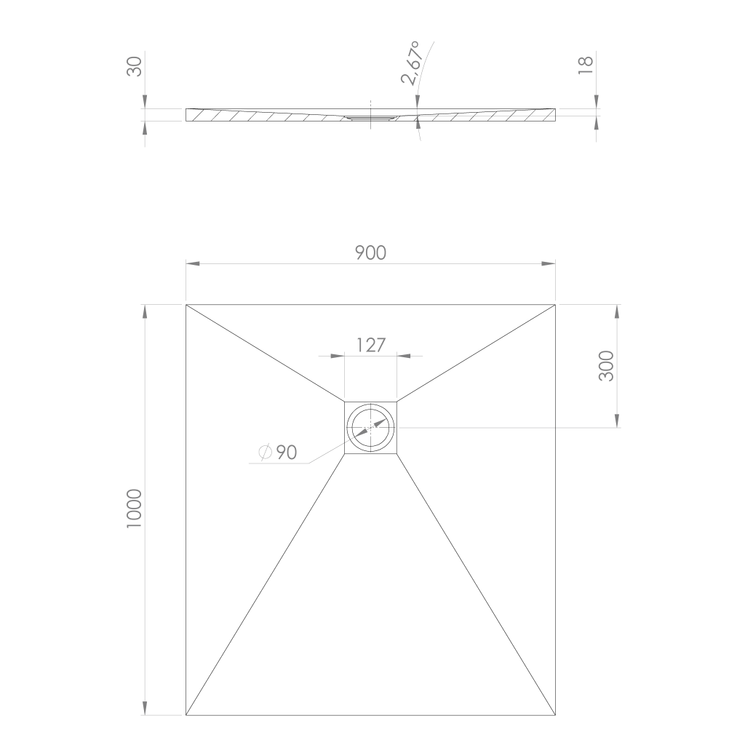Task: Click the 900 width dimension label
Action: pyautogui.click(x=370, y=252)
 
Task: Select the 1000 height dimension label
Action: pyautogui.click(x=135, y=509)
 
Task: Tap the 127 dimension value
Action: pyautogui.click(x=370, y=346)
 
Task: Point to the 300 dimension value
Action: pyautogui.click(x=606, y=366)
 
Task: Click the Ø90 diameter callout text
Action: pyautogui.click(x=278, y=453)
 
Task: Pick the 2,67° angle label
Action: pyautogui.click(x=412, y=63)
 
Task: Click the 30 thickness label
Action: pyautogui.click(x=135, y=66)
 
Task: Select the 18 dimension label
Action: pyautogui.click(x=586, y=65)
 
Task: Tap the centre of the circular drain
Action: pyautogui.click(x=370, y=428)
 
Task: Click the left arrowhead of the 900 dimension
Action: pyautogui.click(x=192, y=263)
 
